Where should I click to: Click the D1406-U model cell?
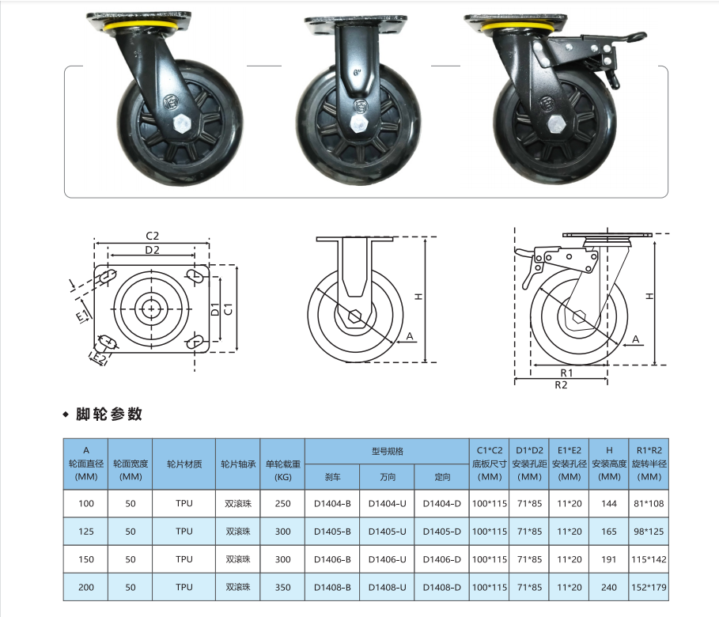(x=387, y=559)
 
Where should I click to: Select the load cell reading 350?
(x=282, y=587)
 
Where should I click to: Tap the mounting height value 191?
(x=608, y=559)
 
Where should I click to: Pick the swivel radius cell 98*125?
(x=649, y=532)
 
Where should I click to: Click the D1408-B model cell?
(x=332, y=587)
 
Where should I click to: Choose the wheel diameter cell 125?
(x=85, y=532)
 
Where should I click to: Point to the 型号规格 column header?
(x=388, y=452)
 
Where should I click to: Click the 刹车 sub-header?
(x=332, y=477)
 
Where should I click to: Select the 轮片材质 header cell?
(x=184, y=464)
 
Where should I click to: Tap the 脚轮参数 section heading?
(x=109, y=414)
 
